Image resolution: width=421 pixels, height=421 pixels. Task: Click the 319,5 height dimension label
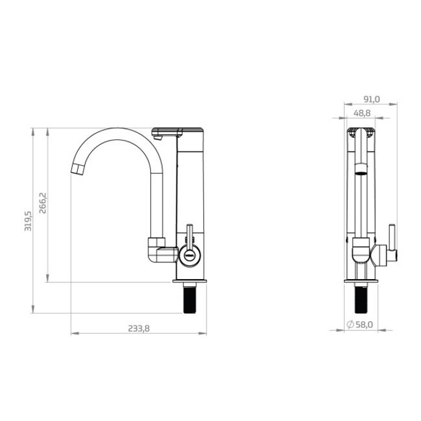(28, 221)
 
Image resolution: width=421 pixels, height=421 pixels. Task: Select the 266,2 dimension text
(43, 203)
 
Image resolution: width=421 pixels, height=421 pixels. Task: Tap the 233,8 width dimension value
(139, 328)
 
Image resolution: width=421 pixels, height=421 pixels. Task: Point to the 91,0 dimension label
(372, 99)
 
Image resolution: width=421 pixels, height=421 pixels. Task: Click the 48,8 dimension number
(362, 113)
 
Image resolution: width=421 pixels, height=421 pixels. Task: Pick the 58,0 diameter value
(364, 324)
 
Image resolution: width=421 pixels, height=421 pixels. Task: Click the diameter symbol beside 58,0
(350, 324)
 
